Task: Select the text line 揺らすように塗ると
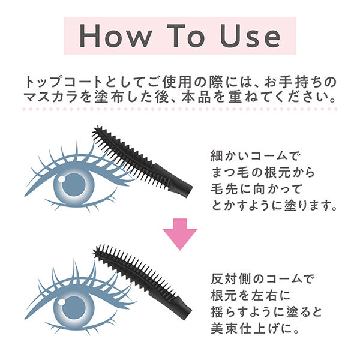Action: click(265, 313)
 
